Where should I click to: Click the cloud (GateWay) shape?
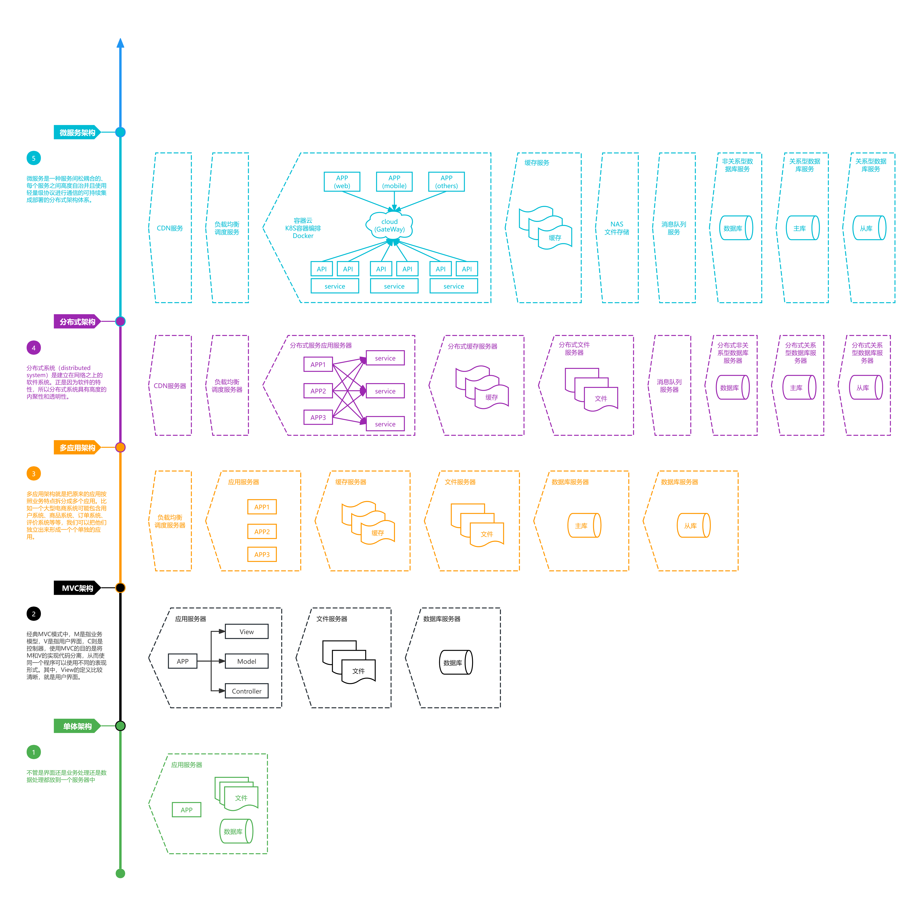coord(389,225)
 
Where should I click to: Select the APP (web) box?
coord(342,182)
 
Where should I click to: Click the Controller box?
coord(247,691)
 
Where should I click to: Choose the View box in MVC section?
coord(247,631)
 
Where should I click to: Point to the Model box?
coord(247,661)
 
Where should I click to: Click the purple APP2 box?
coord(318,391)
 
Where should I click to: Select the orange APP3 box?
coord(262,554)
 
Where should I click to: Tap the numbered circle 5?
coord(33,158)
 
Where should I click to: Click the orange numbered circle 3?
coord(33,473)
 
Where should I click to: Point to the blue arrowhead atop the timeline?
coord(120,43)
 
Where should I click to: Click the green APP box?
coord(187,809)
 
